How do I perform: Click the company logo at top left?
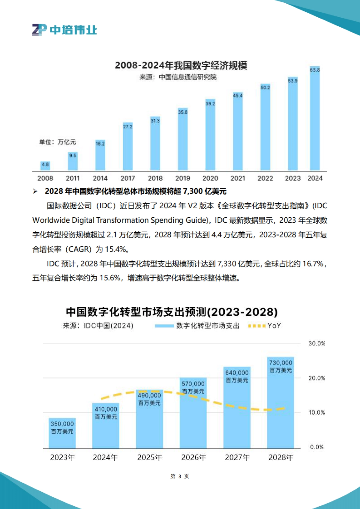pos(64,30)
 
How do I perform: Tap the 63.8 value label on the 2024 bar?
pos(315,70)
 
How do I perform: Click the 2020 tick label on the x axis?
pos(210,178)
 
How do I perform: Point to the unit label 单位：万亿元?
pos(58,142)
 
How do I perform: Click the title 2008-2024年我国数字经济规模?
pos(181,65)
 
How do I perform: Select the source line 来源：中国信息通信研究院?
pos(178,77)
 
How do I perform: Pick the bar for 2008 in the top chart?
pos(45,166)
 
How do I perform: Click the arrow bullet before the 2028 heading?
pos(35,191)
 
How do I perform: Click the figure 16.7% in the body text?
pos(313,264)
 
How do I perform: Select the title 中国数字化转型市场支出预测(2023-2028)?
pos(172,312)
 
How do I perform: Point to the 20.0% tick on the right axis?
pos(317,378)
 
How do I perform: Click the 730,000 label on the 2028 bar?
pos(280,363)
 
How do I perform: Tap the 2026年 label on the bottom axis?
pos(194,457)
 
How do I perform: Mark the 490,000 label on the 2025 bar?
pos(149,396)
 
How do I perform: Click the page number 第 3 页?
pos(180,476)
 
